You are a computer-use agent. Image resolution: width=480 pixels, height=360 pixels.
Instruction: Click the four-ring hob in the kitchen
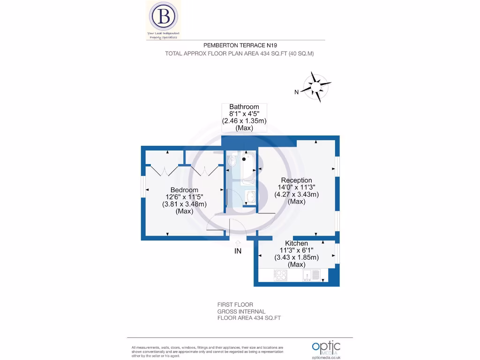[281, 275]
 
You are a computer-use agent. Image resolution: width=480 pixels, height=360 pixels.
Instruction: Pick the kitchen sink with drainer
[312, 275]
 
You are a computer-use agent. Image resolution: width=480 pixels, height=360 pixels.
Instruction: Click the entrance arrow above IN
[238, 243]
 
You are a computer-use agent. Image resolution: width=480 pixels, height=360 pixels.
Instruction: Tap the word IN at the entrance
[238, 252]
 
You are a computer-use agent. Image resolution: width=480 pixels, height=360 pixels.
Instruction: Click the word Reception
[296, 180]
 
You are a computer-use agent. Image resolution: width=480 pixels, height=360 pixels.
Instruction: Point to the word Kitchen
[296, 243]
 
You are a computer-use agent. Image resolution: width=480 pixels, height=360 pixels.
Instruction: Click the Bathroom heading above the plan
[244, 107]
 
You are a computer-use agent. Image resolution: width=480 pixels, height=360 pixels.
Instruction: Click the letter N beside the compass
[296, 92]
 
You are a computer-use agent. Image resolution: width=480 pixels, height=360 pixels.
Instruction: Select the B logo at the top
[163, 16]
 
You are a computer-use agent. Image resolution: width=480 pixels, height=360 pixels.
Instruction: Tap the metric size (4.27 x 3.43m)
[296, 194]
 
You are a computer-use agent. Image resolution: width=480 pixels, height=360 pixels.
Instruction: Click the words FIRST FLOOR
[235, 305]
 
